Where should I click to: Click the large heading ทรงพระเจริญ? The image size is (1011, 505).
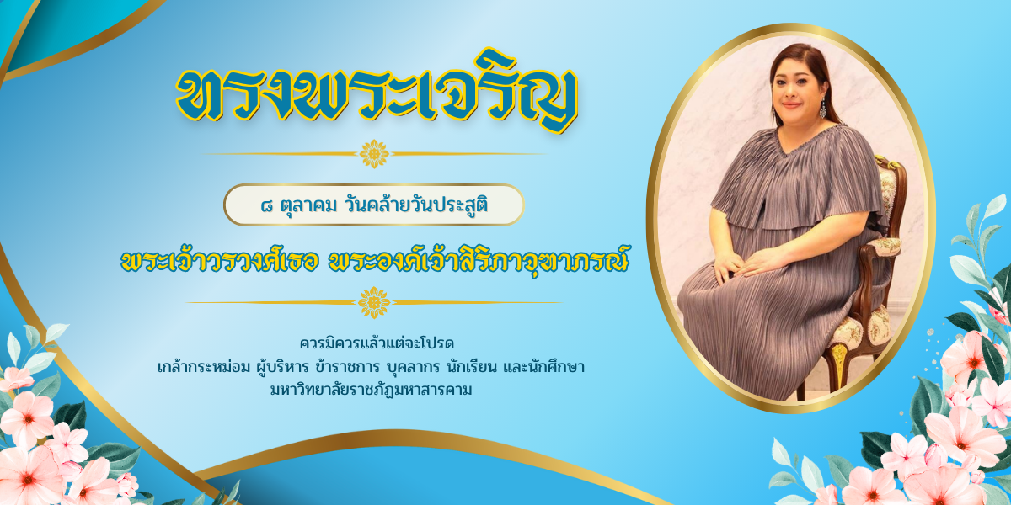(377, 93)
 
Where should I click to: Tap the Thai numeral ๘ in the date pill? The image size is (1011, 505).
(267, 206)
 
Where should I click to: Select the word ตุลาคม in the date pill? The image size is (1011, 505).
(308, 206)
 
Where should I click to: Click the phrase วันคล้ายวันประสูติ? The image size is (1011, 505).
(416, 205)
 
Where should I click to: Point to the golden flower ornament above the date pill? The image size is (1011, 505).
(374, 154)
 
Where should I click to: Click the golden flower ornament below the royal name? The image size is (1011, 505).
(374, 302)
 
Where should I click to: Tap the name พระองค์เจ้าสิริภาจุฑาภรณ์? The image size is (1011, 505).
(479, 260)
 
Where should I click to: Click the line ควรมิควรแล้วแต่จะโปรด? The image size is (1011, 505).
(377, 343)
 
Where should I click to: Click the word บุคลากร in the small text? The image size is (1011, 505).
(413, 367)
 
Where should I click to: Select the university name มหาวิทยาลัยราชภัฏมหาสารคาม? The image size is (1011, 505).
(371, 390)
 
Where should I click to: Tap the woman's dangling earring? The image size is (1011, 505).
(822, 109)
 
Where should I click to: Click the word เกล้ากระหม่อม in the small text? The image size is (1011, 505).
(203, 367)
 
